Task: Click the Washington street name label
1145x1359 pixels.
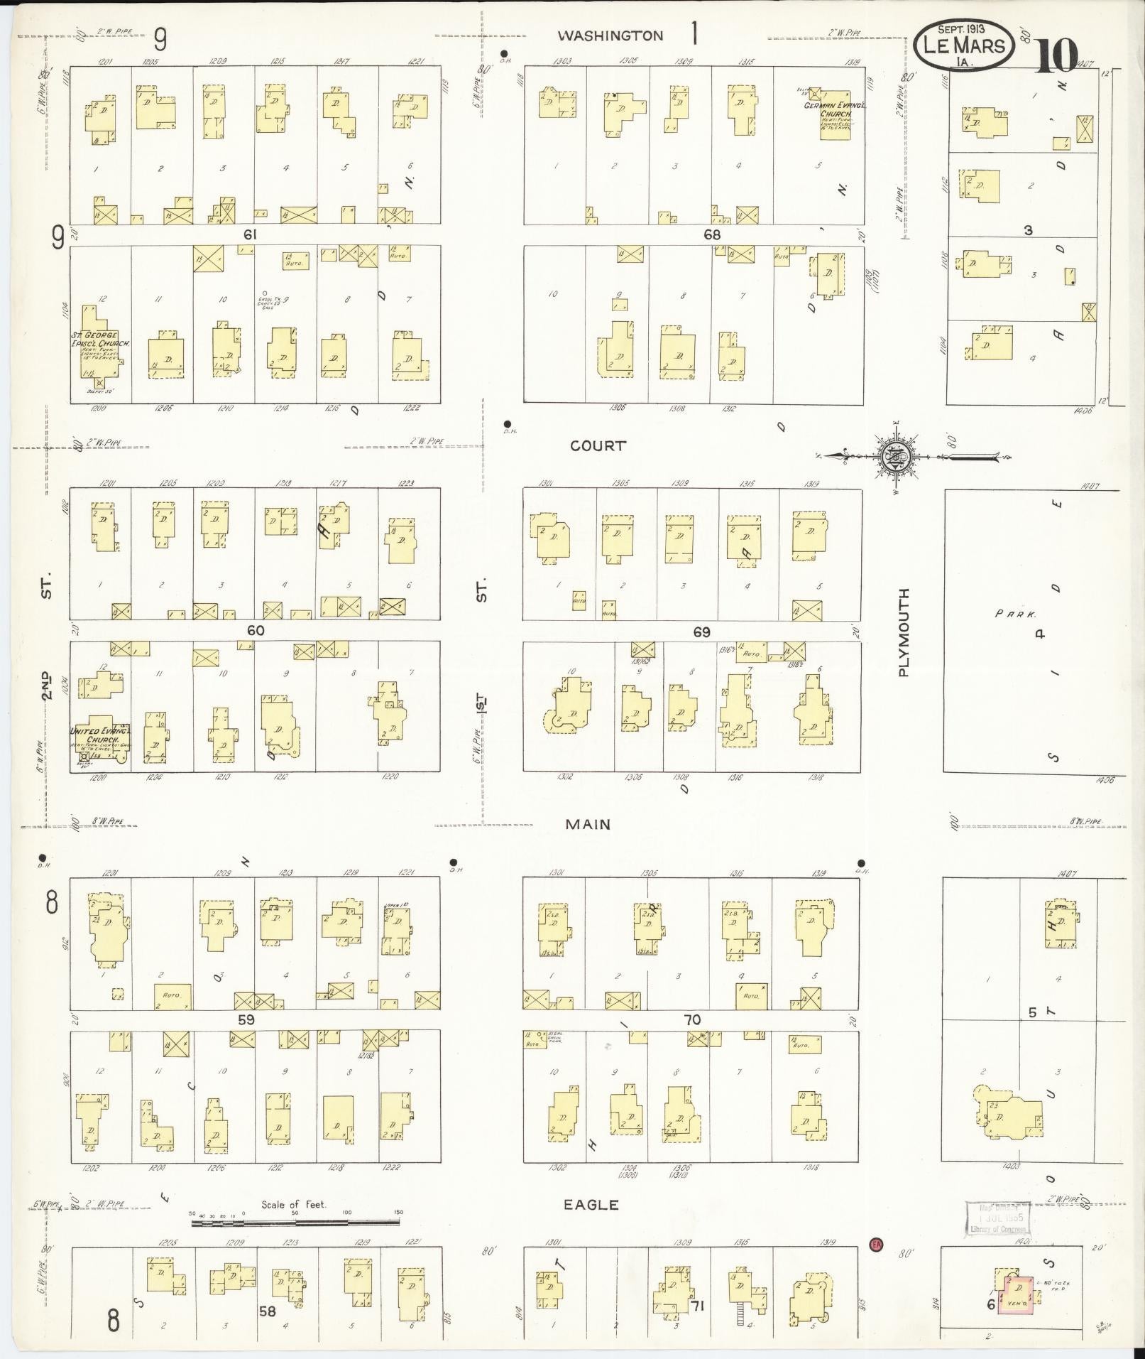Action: [610, 36]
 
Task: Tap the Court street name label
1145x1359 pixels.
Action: [598, 446]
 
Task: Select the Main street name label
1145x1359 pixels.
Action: [588, 824]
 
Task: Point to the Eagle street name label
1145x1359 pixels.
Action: [591, 1205]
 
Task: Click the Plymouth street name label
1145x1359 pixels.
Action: [904, 632]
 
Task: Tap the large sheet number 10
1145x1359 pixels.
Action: [1056, 55]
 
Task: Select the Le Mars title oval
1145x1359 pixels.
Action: [963, 45]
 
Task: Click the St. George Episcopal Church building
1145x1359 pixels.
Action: [99, 343]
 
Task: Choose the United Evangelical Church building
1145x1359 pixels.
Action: [100, 739]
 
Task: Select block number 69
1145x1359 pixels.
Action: [701, 632]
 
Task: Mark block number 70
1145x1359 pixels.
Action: [691, 1020]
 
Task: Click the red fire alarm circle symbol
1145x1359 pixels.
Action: [877, 1244]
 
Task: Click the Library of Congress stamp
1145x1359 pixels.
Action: [997, 1219]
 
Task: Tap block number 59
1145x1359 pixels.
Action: [246, 1019]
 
